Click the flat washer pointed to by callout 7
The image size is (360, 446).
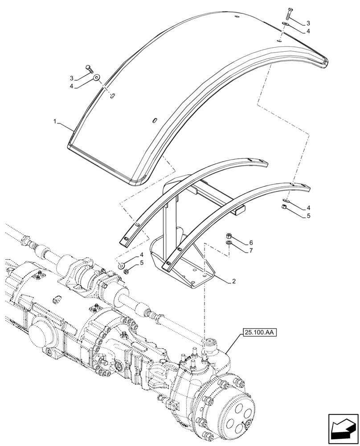228,244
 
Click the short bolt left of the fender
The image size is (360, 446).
90,69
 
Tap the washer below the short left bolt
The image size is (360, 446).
97,78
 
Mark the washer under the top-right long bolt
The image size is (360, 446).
285,25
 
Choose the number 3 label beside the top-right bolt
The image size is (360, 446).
308,23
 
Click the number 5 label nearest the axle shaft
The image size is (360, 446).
142,263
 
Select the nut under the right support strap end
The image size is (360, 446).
282,207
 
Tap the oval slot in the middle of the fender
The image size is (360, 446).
155,120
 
